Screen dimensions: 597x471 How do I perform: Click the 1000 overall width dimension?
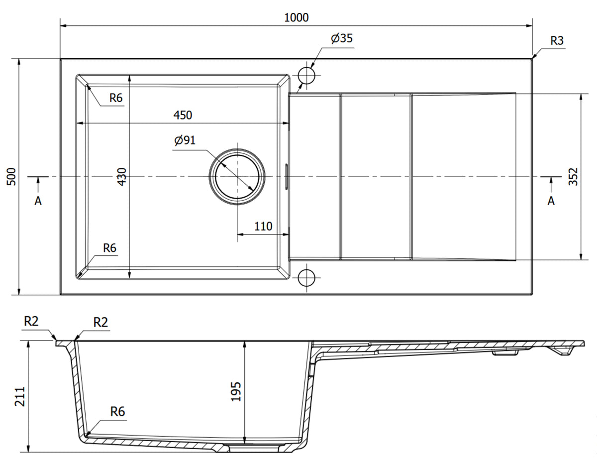point(297,17)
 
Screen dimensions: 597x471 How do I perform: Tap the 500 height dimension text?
point(11,177)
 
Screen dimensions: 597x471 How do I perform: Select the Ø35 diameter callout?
point(341,38)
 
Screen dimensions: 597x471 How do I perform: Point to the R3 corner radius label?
point(557,41)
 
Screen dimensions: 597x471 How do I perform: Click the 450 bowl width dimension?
point(183,115)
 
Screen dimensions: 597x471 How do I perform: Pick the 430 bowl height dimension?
point(122,177)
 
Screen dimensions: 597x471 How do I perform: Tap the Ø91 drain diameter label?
point(185,140)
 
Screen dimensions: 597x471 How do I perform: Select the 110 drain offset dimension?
point(263,227)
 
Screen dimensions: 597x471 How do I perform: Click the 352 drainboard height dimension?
point(573,177)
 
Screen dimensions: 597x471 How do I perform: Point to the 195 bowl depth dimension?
point(236,391)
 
